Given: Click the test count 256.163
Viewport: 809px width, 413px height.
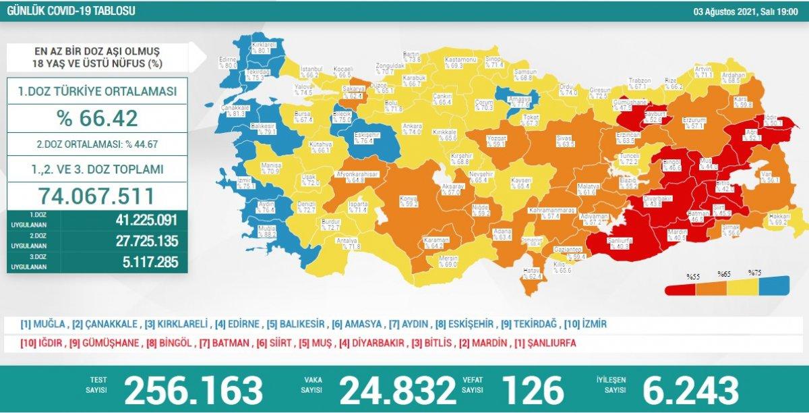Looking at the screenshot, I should click(x=193, y=389).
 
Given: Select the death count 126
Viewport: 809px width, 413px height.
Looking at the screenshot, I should click(x=533, y=389).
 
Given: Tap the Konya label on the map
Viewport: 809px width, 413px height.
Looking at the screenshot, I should click(x=407, y=200).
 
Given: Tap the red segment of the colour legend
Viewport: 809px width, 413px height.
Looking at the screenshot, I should click(x=681, y=289).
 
